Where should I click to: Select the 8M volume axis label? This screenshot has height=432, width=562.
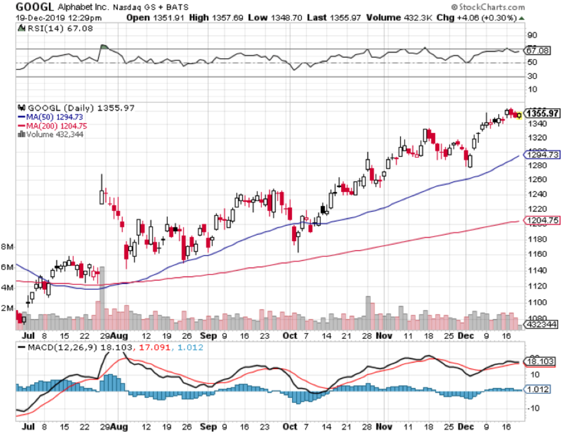click(x=7, y=246)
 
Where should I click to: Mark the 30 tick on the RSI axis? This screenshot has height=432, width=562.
click(x=531, y=76)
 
